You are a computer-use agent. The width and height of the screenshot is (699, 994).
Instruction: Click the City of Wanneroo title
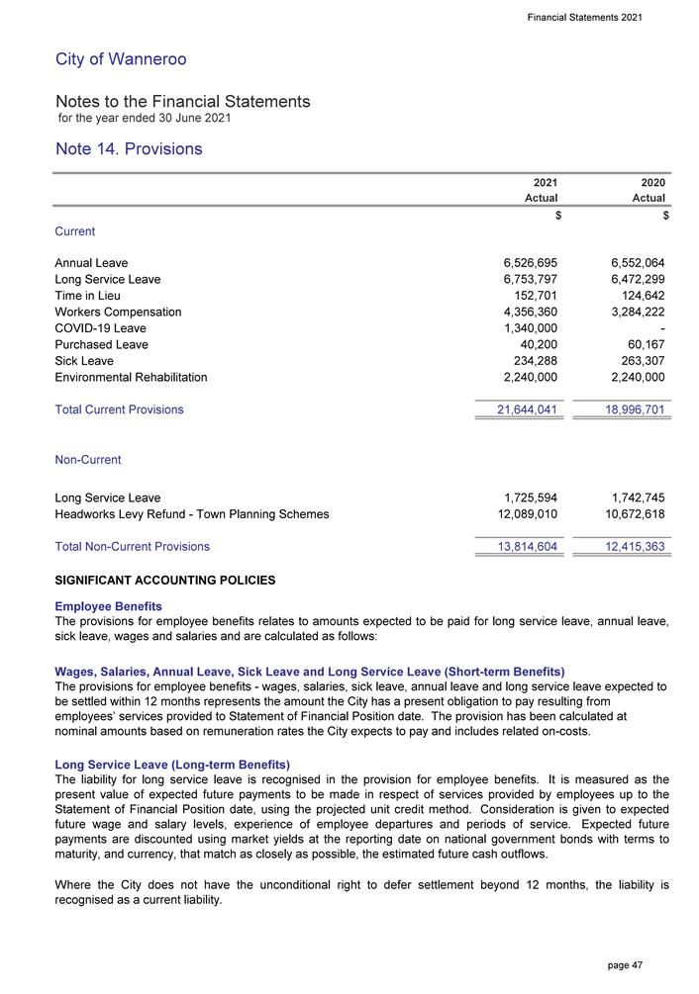[x=121, y=59]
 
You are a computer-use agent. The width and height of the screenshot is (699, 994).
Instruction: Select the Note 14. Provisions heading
[x=129, y=149]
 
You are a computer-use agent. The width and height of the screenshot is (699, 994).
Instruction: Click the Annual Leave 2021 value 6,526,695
[x=524, y=263]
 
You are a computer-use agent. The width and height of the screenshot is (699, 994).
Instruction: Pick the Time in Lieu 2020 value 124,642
[x=634, y=296]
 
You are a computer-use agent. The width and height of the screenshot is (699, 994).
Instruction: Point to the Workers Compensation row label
[x=118, y=313]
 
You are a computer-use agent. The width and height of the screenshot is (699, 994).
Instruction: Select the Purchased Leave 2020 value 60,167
[x=640, y=345]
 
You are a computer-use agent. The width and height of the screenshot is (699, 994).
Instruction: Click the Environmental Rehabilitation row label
[x=132, y=378]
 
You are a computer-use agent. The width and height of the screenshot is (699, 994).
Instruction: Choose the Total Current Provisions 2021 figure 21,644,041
[x=520, y=409]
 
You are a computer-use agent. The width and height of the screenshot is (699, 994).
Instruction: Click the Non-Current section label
[x=88, y=460]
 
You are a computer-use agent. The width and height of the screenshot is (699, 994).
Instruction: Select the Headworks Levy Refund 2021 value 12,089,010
[x=520, y=514]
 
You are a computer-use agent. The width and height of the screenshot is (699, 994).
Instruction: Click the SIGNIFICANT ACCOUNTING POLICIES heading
[x=165, y=580]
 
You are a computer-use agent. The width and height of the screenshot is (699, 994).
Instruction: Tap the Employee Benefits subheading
[x=109, y=605]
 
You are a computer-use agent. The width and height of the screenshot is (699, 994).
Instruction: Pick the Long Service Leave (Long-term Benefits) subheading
[x=172, y=765]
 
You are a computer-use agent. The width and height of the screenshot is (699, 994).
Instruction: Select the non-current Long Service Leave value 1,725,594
[x=524, y=497]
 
